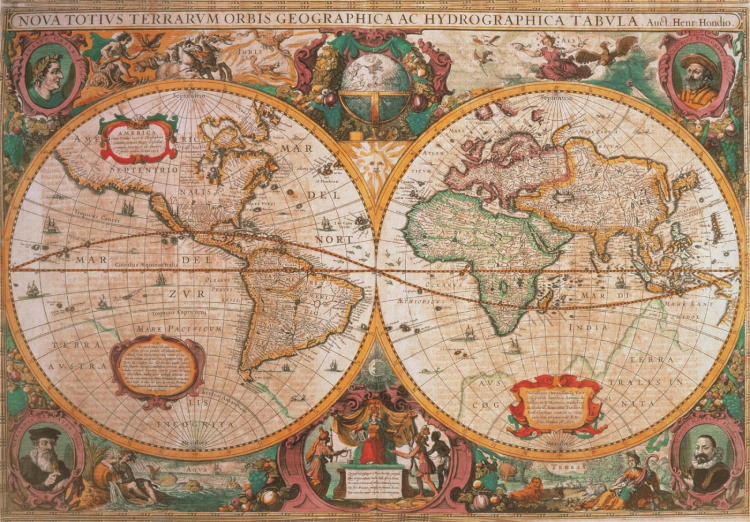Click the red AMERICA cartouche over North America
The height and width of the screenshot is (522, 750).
138,139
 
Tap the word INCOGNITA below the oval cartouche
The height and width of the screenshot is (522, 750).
200,424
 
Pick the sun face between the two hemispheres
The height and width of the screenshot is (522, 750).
375,160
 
